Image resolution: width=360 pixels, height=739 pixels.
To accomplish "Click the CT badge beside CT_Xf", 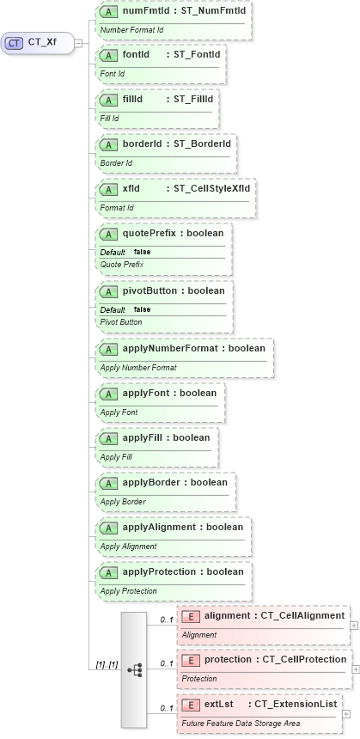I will (15, 42).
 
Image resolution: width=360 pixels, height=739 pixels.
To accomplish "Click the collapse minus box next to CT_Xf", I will (78, 42).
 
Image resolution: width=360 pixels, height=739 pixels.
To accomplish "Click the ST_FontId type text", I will (198, 55).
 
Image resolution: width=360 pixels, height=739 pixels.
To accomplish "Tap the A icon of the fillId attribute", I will (109, 98).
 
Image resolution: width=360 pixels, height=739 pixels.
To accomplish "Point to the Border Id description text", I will (117, 162).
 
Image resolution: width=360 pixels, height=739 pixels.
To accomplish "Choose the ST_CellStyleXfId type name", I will (212, 188).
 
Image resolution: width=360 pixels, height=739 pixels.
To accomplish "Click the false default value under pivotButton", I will (143, 309).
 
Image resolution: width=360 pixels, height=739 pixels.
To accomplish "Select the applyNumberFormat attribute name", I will (163, 348).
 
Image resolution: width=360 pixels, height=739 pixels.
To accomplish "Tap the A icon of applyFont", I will (109, 394).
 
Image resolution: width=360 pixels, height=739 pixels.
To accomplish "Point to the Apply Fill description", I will (116, 457).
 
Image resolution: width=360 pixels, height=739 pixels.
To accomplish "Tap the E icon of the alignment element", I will (191, 615).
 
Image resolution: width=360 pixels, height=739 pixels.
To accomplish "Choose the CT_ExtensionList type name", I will (296, 704).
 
